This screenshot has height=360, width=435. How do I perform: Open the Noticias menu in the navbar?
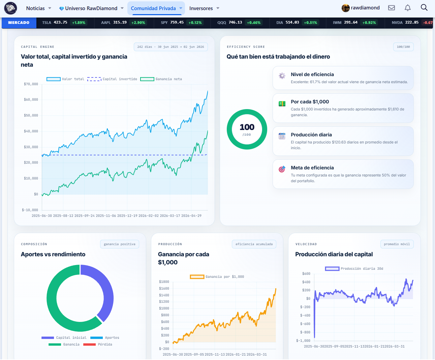click(38, 8)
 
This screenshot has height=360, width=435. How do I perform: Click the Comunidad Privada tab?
click(156, 8)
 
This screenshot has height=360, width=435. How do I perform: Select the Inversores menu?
click(204, 8)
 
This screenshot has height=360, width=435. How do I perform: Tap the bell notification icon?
click(407, 8)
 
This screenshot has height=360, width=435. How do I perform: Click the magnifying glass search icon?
click(424, 8)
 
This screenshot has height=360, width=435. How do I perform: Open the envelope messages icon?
click(392, 8)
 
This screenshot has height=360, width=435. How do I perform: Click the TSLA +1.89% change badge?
click(79, 23)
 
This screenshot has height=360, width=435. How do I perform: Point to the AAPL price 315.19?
click(120, 22)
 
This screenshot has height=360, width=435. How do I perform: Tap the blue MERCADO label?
click(19, 23)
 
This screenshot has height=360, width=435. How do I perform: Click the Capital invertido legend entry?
click(112, 79)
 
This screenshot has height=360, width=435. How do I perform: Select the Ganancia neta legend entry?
click(161, 79)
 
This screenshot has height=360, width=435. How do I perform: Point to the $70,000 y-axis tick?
click(31, 84)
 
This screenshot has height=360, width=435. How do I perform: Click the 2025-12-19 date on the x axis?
click(127, 216)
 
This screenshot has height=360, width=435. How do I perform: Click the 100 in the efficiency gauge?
click(247, 127)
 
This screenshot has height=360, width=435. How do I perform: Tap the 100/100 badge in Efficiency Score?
click(403, 47)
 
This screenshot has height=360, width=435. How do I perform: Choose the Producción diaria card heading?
click(311, 135)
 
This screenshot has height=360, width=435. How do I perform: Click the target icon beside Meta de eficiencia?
click(282, 169)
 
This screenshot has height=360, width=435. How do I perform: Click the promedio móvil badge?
click(397, 244)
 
